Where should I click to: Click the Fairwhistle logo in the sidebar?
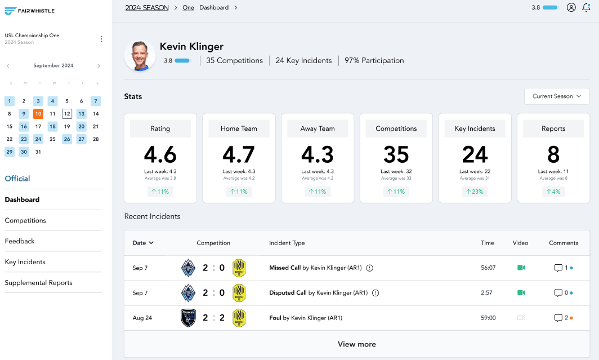click(30, 11)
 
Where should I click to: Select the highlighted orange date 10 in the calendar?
click(38, 114)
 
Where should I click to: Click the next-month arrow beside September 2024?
click(99, 66)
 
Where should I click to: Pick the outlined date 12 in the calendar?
click(67, 114)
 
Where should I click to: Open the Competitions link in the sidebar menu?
click(25, 220)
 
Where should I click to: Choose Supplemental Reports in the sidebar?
click(38, 283)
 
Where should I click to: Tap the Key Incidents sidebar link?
click(25, 262)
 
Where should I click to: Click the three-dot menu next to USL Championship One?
click(101, 39)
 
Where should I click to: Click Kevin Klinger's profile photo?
click(140, 55)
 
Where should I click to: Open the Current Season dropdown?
click(556, 96)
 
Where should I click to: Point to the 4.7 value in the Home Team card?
click(239, 154)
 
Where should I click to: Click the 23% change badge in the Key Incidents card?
click(475, 192)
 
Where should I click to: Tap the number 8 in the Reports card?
click(553, 154)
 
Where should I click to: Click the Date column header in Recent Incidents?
click(143, 243)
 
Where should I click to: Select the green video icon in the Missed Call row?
click(521, 268)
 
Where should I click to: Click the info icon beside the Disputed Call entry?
click(376, 293)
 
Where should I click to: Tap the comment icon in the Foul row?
click(558, 318)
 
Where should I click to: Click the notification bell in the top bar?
click(586, 8)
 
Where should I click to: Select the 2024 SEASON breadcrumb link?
click(146, 8)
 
